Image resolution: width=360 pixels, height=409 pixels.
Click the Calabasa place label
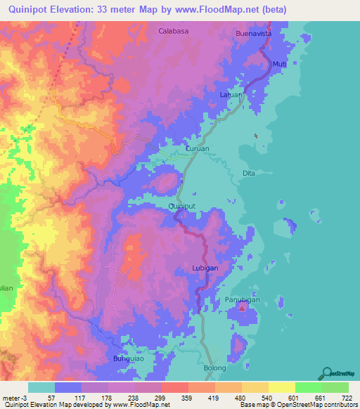tap(175, 32)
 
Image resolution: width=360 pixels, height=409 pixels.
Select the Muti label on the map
tap(279, 64)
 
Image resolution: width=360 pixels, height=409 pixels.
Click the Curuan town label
tap(198, 149)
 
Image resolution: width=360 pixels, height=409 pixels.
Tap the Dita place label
tap(247, 173)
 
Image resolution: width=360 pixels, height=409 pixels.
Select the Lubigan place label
tap(206, 268)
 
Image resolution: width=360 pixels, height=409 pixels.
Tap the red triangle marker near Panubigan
tap(243, 307)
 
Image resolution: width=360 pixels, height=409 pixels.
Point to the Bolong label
tap(215, 368)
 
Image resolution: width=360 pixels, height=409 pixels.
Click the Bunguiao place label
tap(129, 359)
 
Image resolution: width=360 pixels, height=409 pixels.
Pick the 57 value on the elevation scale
tap(51, 397)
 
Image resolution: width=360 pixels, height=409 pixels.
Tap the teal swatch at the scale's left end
tap(41, 387)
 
